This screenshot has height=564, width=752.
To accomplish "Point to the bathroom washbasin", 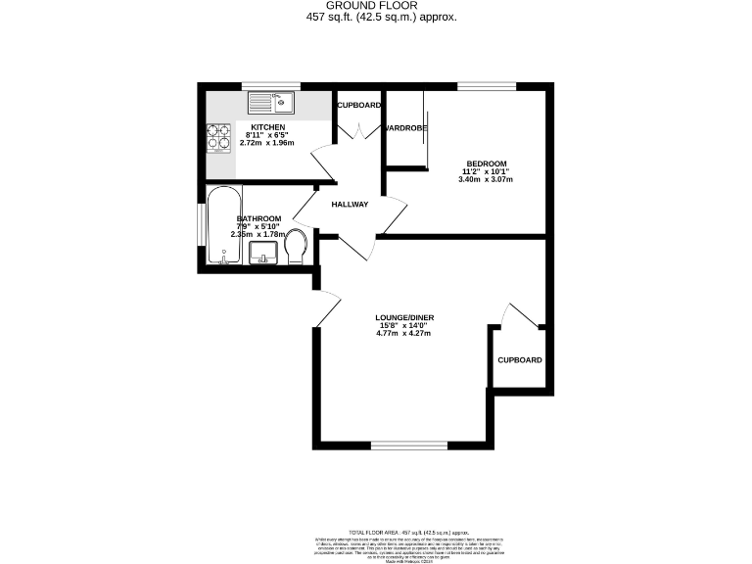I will tap(263, 254).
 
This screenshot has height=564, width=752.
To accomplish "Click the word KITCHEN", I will tap(267, 128).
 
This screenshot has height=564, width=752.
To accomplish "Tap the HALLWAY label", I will tap(349, 205).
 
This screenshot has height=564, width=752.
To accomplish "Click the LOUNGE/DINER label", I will tap(403, 318).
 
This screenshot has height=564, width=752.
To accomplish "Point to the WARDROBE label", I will tap(404, 128).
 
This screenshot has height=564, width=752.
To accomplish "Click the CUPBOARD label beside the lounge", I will tap(519, 360).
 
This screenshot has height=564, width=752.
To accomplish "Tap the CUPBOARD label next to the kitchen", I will tap(359, 105).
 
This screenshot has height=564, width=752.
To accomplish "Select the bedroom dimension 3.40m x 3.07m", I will tap(486, 180).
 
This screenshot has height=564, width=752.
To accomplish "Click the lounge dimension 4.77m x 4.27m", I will tap(403, 334).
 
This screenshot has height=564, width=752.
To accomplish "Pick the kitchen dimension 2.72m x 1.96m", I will tap(267, 144).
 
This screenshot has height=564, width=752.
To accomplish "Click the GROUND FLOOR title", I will tap(375, 6).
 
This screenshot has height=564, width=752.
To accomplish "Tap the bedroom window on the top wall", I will tap(479, 87).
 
